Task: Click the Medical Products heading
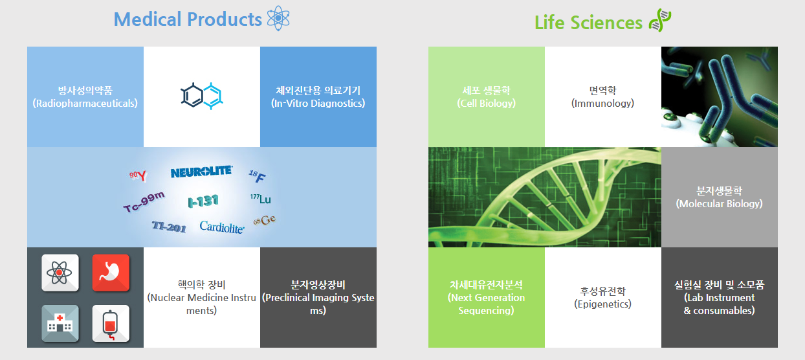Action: [x=188, y=19]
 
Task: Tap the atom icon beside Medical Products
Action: [x=278, y=18]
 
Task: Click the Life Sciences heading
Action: [x=588, y=23]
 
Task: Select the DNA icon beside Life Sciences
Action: [x=660, y=20]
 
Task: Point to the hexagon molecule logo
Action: [x=202, y=96]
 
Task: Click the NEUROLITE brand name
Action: [x=202, y=172]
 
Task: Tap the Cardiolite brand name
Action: [x=222, y=227]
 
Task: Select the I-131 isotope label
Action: [x=203, y=201]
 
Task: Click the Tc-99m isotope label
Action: [x=144, y=202]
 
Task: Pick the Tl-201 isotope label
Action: [x=169, y=227]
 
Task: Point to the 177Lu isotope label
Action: [x=261, y=199]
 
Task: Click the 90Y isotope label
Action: [x=138, y=175]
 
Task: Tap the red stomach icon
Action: [x=111, y=273]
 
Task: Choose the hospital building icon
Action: [x=60, y=323]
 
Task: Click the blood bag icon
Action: [x=111, y=323]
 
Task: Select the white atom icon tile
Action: [x=60, y=273]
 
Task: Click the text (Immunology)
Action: [x=602, y=104]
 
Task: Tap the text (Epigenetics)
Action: [x=602, y=304]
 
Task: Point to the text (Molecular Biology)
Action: [x=719, y=204]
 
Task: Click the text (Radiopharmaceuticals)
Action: [x=85, y=104]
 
